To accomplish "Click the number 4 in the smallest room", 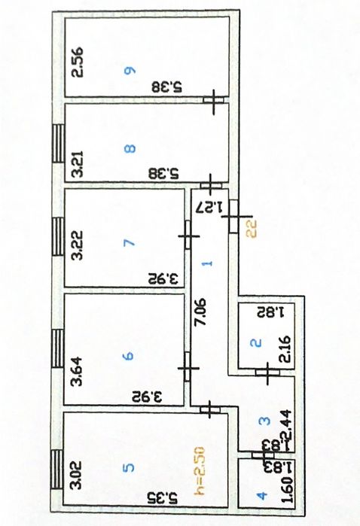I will click(x=261, y=496).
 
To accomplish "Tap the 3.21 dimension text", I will click(x=77, y=165).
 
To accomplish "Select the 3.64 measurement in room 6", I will click(x=77, y=372).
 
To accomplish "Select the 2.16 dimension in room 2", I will click(x=286, y=349).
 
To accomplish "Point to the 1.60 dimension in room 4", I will click(x=287, y=499).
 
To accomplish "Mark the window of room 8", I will click(x=58, y=144).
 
